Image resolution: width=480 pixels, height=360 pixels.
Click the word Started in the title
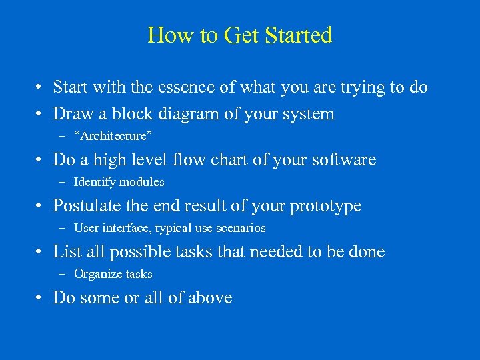[x=298, y=35]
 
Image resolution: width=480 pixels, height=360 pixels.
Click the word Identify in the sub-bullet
[x=94, y=182]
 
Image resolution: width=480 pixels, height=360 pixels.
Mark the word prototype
[x=325, y=205]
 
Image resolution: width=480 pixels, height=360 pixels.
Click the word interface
[x=127, y=228]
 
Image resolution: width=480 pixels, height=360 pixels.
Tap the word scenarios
[x=241, y=228]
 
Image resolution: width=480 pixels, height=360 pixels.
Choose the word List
[x=67, y=251]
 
